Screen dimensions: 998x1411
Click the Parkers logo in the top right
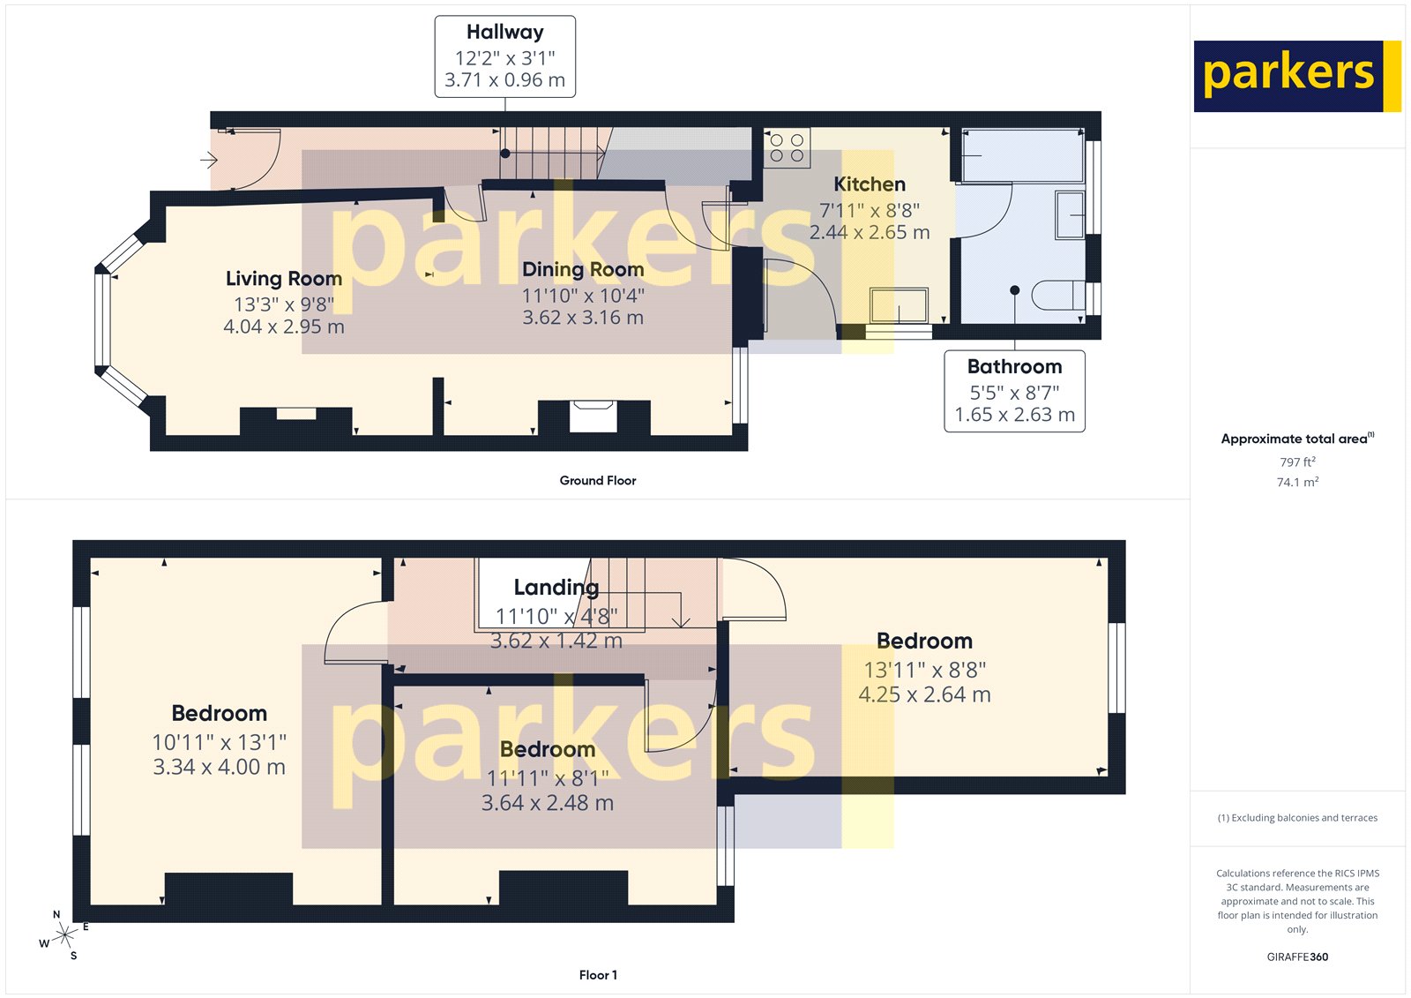[1296, 76]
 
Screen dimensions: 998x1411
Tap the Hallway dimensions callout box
[504, 56]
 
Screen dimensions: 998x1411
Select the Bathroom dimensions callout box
[1014, 391]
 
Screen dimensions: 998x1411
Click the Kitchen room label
[870, 184]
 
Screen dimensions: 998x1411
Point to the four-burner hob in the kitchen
[787, 148]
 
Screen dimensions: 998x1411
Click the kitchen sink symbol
[899, 305]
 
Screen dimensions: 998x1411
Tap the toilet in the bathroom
[1056, 295]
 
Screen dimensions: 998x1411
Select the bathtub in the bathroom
[1022, 155]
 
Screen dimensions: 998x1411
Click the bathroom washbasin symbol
[1071, 214]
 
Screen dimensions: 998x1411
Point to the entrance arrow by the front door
[209, 160]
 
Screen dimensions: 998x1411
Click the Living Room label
[283, 279]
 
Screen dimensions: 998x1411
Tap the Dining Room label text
[583, 270]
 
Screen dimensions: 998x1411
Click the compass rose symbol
[64, 935]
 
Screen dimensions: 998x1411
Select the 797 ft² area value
[1297, 461]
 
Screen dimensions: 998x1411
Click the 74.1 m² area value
[1297, 482]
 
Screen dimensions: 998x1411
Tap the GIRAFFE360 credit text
[1297, 957]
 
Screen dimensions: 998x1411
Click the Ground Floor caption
[597, 481]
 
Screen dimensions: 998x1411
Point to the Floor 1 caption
[598, 975]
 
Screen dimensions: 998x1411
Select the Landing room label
[556, 588]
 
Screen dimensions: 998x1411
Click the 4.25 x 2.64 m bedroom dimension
[924, 695]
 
